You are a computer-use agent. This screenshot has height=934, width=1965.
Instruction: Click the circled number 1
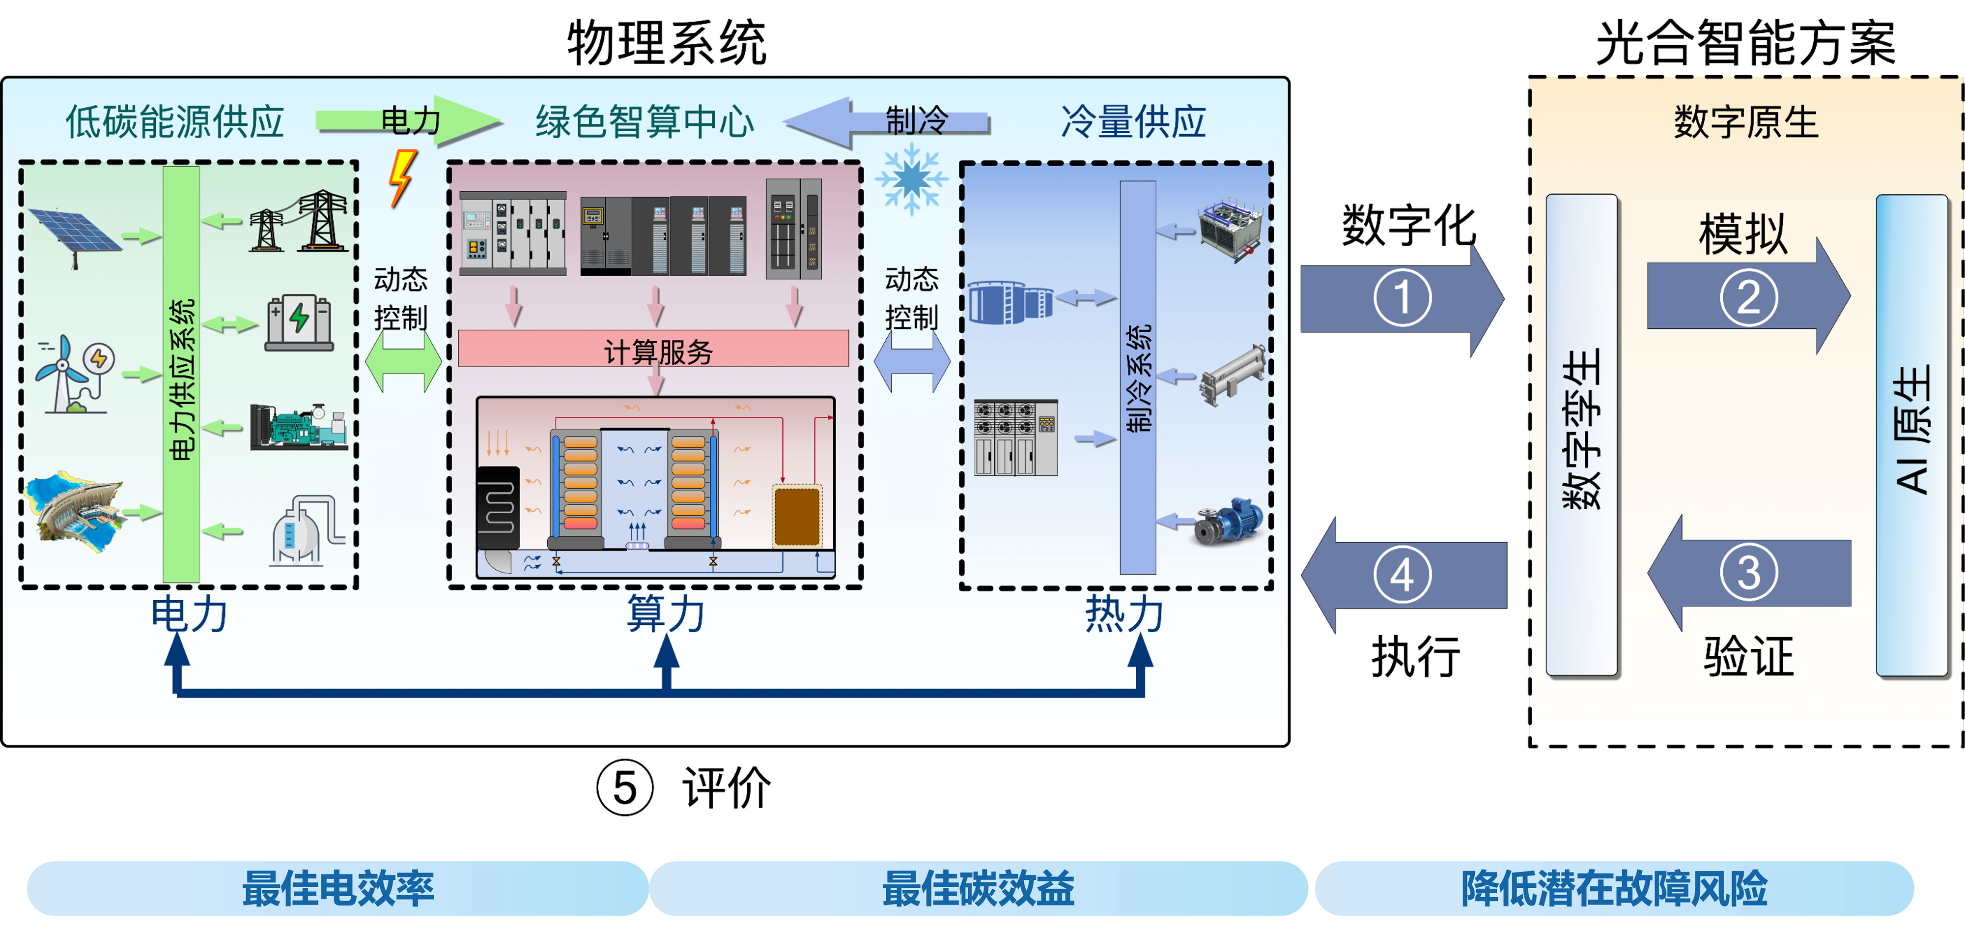coord(1402,297)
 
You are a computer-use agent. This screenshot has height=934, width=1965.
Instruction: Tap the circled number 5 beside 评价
coord(625,788)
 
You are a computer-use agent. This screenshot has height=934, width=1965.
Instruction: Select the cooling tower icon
coord(1230,229)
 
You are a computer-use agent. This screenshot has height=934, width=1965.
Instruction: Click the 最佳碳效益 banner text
coord(978,888)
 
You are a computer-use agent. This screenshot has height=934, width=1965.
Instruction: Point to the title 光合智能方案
coord(1745,44)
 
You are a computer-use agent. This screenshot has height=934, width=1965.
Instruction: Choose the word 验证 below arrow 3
coord(1748,656)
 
